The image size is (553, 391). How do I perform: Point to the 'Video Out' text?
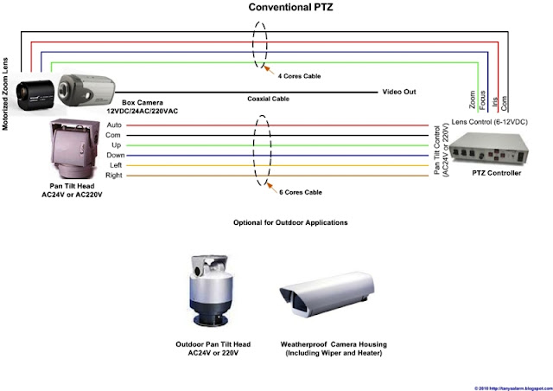pyautogui.click(x=400, y=91)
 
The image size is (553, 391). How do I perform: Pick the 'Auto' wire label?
pyautogui.click(x=113, y=125)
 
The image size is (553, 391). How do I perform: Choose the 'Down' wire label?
pyautogui.click(x=114, y=155)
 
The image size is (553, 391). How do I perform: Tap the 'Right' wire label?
pyautogui.click(x=114, y=176)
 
